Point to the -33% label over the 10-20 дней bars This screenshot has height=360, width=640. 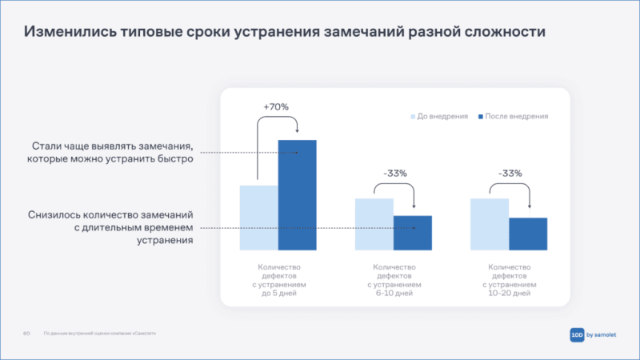[x=510, y=173]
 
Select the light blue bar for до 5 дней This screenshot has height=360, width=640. [x=258, y=218]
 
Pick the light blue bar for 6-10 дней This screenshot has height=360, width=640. [x=374, y=224]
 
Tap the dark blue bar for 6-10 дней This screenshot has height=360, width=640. [x=412, y=233]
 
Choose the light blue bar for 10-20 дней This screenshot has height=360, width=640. [x=490, y=224]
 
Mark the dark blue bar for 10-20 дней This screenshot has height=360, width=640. [x=528, y=234]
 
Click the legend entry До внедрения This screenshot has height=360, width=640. [x=439, y=116]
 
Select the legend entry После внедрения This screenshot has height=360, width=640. [x=513, y=116]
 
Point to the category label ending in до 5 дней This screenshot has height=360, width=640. [x=278, y=280]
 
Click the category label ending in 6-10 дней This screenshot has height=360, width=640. [x=393, y=280]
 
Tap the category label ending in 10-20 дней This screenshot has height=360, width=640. [x=509, y=280]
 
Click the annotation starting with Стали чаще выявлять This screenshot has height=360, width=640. [x=113, y=153]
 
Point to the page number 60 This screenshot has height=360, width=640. [x=26, y=334]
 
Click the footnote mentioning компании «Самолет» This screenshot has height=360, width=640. [x=100, y=334]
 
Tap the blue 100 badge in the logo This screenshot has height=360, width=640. [x=578, y=335]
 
